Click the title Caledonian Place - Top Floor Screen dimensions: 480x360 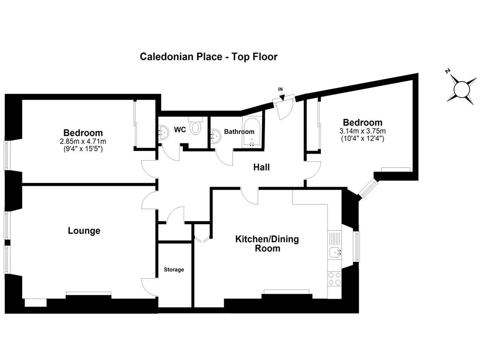(208, 57)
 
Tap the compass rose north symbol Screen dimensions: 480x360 (462, 90)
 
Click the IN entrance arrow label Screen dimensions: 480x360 (280, 89)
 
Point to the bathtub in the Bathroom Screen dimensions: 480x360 (252, 132)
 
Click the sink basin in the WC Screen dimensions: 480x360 (163, 132)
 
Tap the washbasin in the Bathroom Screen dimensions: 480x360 (216, 136)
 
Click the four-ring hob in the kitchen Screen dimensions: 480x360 (334, 278)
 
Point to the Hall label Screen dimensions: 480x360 (261, 167)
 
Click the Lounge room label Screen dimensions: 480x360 (84, 231)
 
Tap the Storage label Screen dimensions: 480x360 (174, 270)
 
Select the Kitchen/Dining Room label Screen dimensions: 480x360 (267, 244)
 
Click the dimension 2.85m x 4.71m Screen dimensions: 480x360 (83, 142)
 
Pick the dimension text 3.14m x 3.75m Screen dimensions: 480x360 (362, 131)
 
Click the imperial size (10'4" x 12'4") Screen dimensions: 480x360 (362, 138)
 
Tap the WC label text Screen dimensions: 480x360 (180, 130)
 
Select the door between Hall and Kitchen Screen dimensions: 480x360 (250, 196)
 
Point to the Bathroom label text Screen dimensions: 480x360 (239, 132)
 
